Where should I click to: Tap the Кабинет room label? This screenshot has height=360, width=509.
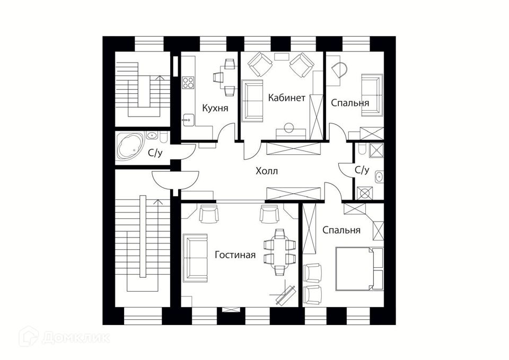(x=286, y=98)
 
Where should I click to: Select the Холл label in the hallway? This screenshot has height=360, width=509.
(x=266, y=171)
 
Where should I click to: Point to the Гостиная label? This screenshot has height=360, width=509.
(x=235, y=255)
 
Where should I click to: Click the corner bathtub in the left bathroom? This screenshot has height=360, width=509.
(x=129, y=146)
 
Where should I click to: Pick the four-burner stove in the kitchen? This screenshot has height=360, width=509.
(x=188, y=82)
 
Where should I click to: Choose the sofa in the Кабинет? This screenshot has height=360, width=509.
(x=252, y=100)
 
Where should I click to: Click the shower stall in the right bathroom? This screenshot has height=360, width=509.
(x=377, y=151)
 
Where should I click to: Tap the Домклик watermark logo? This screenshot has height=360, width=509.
(x=64, y=337)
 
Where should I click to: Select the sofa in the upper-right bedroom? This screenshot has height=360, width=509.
(x=371, y=94)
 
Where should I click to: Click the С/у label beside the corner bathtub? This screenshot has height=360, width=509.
(x=155, y=154)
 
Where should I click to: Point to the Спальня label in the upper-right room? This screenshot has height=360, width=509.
(x=350, y=102)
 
